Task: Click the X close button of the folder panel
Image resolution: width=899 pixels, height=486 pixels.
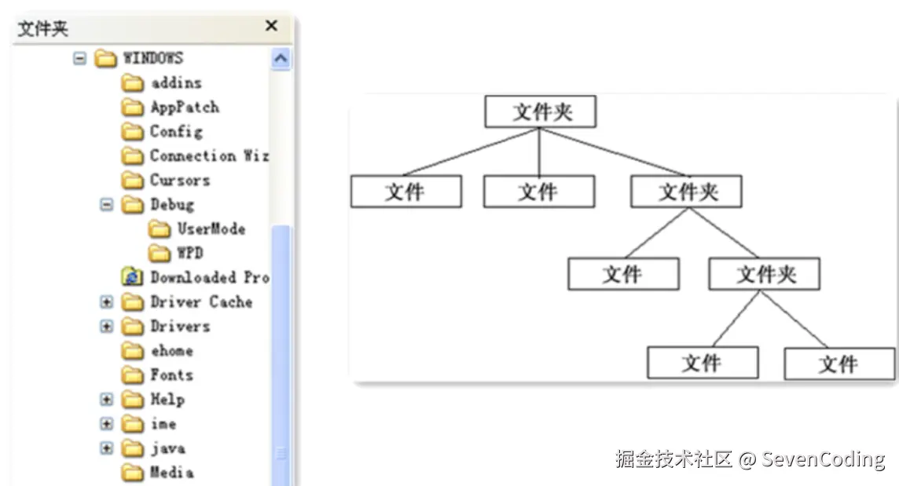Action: [x=271, y=26]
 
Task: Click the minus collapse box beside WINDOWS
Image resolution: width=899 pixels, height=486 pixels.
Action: [x=79, y=58]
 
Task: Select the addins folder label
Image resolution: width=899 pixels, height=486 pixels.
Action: [x=176, y=82]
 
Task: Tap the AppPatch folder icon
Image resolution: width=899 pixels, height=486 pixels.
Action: [x=133, y=108]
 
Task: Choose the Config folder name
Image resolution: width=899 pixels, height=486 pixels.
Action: [x=176, y=131]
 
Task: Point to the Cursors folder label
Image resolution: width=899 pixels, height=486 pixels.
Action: [x=180, y=180]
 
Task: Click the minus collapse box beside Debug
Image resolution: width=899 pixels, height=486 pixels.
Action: [x=107, y=205]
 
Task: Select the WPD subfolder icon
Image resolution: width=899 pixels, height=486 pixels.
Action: [x=160, y=254]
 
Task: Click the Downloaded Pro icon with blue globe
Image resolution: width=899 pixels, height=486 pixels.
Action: [x=133, y=277]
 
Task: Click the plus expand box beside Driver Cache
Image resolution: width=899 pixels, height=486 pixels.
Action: [x=107, y=302]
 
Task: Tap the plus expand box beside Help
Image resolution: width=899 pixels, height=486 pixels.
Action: [x=107, y=400]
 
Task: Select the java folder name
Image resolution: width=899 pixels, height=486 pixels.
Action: [x=167, y=448]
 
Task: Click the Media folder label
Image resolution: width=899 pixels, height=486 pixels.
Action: [x=171, y=473]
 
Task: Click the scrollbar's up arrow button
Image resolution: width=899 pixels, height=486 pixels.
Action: [x=281, y=59]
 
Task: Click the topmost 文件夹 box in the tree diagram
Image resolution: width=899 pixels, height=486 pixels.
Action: [x=541, y=111]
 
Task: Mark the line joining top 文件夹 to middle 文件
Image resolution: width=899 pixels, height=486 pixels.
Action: [x=539, y=152]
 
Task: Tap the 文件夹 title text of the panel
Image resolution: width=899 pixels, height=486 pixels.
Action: [x=43, y=29]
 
